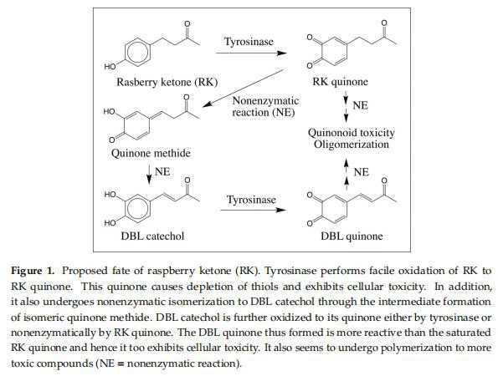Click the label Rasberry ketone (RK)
(x=167, y=82)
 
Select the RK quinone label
(x=340, y=82)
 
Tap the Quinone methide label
(x=151, y=154)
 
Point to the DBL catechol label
(x=152, y=236)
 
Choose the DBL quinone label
(x=352, y=236)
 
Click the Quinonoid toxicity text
(x=352, y=133)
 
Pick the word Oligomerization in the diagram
(x=352, y=145)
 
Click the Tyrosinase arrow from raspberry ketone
(x=251, y=53)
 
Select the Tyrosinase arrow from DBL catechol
(x=253, y=210)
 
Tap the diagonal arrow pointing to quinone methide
(x=243, y=89)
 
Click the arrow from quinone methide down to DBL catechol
(x=149, y=175)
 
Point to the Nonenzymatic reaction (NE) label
(x=265, y=106)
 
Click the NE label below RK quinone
(x=360, y=105)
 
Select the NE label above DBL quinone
(x=361, y=172)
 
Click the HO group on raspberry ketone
(x=110, y=67)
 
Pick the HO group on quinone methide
(x=109, y=112)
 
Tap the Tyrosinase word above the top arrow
(x=249, y=42)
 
